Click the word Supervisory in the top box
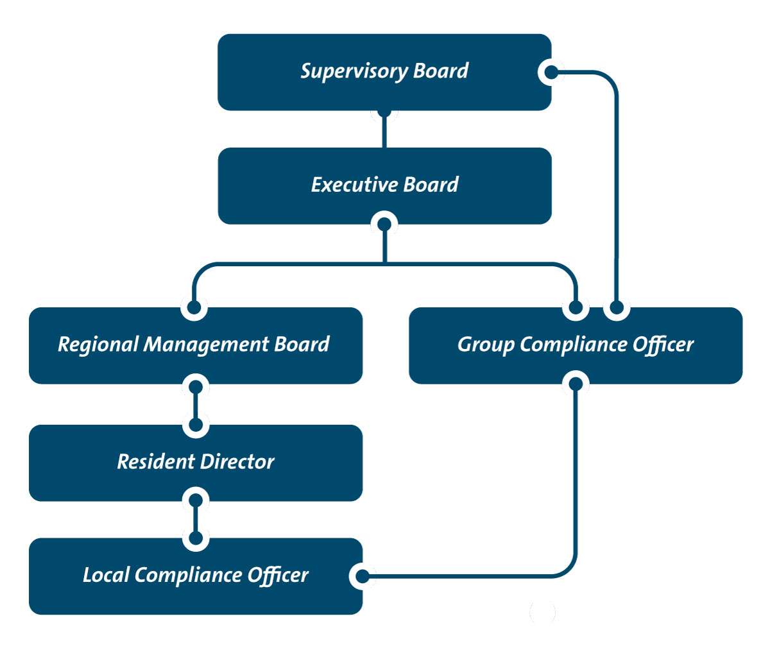click(x=354, y=71)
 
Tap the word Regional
click(x=98, y=345)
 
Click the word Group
click(x=486, y=345)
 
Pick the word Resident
click(x=155, y=461)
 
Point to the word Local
click(x=107, y=575)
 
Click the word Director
click(x=237, y=461)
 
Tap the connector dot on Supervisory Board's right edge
click(x=551, y=72)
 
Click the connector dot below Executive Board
click(x=384, y=225)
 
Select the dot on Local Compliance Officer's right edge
click(x=363, y=576)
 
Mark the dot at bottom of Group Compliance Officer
click(x=576, y=384)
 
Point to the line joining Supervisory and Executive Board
click(x=384, y=132)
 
